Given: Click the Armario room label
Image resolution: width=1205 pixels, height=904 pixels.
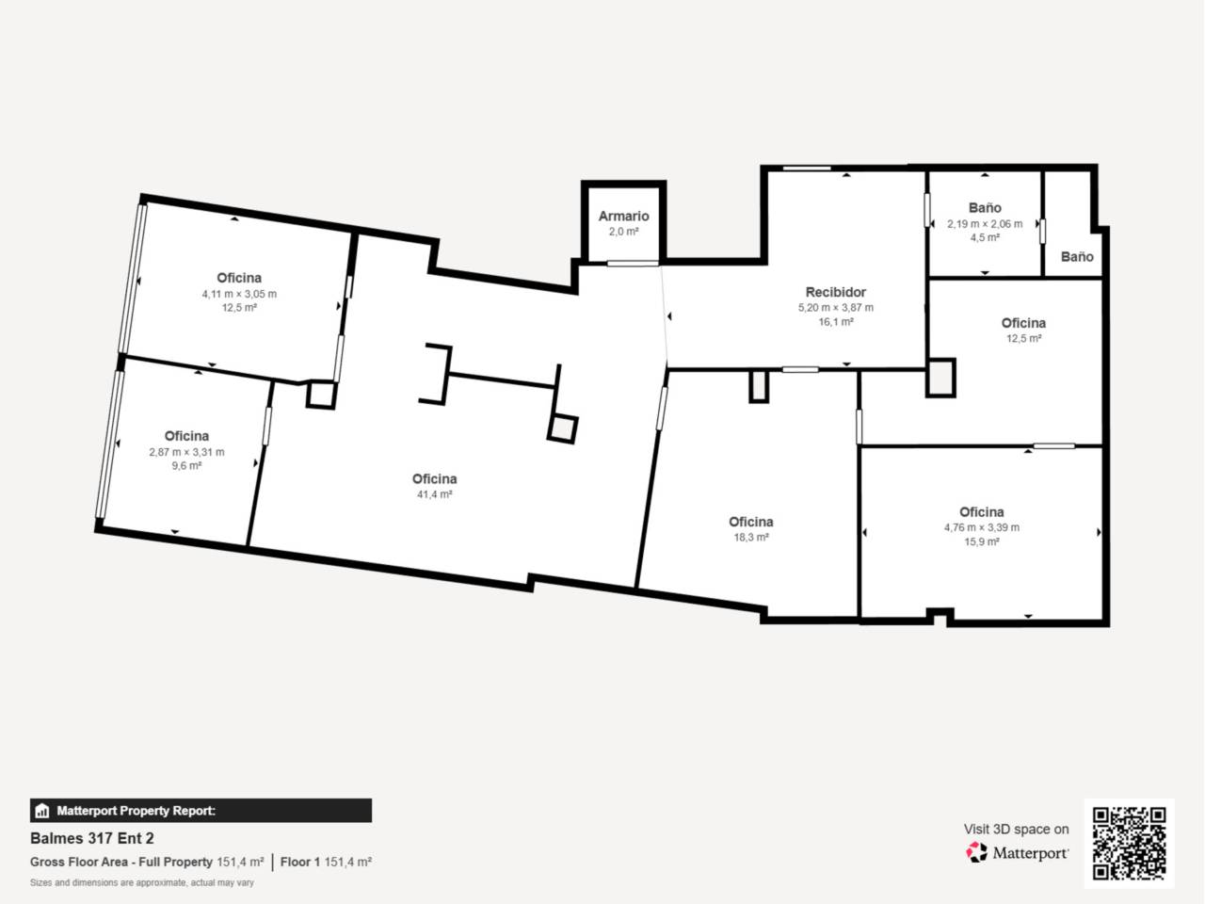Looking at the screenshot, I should pos(623,216).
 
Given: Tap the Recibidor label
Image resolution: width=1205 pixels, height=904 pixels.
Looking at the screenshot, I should pos(835,292).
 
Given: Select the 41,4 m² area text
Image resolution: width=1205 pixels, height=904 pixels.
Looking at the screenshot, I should pos(434,494).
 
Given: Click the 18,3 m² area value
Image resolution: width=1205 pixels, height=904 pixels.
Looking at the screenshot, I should pos(750,537).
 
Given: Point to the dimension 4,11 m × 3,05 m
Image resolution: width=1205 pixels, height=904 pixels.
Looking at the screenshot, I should pos(239,294).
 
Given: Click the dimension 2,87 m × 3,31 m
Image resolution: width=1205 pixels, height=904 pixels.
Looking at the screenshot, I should pos(186,452).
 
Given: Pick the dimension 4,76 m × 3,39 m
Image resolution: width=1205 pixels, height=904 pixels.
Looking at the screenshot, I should pos(981,527).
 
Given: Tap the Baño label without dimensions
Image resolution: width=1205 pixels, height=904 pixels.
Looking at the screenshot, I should pos(1077,256).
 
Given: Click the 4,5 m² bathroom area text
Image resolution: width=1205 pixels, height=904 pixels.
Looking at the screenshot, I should pos(985,238).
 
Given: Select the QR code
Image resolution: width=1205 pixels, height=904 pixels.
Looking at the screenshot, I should pos(1129,843).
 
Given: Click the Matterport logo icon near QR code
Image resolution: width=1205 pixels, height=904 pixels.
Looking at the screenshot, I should pos(977,852).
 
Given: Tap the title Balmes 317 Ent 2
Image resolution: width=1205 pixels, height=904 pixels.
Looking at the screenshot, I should pos(92,838).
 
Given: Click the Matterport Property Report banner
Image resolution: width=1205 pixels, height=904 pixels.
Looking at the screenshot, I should pos(201,810).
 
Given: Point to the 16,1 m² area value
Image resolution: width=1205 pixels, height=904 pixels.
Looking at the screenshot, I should pos(835,322).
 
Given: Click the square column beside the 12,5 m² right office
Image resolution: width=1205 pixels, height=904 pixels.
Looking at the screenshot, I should pos(940,378).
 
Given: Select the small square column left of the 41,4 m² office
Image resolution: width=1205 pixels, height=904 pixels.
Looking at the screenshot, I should pos(321,395).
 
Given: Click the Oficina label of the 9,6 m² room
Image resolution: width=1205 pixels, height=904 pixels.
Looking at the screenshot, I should pos(186,436).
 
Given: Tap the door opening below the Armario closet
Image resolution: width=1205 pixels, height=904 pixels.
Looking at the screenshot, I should pos(632,264).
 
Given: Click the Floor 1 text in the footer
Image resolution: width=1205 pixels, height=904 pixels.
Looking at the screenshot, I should pos(300,862).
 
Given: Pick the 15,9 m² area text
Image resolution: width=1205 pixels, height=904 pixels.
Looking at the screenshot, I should pos(981,542).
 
